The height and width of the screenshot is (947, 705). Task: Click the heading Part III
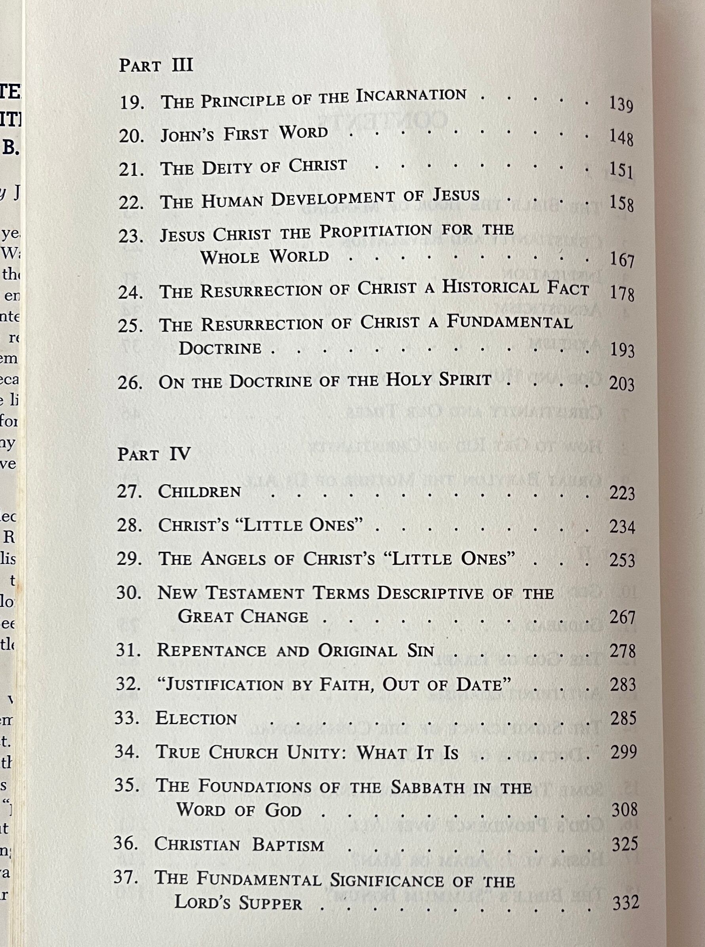pyautogui.click(x=156, y=65)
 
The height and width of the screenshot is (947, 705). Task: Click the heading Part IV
pyautogui.click(x=154, y=454)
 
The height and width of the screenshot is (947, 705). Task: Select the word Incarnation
pyautogui.click(x=411, y=95)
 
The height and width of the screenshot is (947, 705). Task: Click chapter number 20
pyautogui.click(x=131, y=137)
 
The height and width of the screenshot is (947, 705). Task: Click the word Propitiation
pyautogui.click(x=376, y=232)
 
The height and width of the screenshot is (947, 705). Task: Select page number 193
pyautogui.click(x=622, y=351)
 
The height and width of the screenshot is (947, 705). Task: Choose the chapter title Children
pyautogui.click(x=199, y=492)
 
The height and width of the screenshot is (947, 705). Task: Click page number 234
pyautogui.click(x=622, y=527)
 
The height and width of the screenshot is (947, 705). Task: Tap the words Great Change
pyautogui.click(x=243, y=617)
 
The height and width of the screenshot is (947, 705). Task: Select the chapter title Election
pyautogui.click(x=196, y=718)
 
